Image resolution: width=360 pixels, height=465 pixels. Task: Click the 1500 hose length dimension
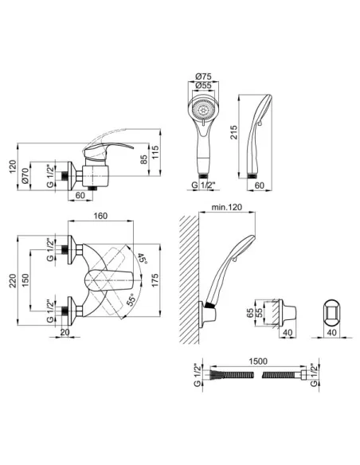click(x=258, y=361)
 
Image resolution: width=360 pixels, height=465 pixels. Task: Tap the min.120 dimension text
click(x=226, y=207)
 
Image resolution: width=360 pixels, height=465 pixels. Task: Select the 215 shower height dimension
click(x=234, y=132)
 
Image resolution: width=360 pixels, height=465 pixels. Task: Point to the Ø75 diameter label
click(x=203, y=76)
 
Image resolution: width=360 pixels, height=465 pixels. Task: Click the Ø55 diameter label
click(x=203, y=85)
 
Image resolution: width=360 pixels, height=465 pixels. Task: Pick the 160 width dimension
click(x=100, y=216)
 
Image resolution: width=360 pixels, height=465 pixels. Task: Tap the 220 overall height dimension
click(x=13, y=280)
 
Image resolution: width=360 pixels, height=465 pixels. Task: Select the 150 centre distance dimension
click(x=25, y=280)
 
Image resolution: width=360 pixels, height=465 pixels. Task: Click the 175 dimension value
click(x=155, y=280)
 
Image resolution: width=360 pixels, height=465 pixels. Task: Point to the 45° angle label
click(x=142, y=260)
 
